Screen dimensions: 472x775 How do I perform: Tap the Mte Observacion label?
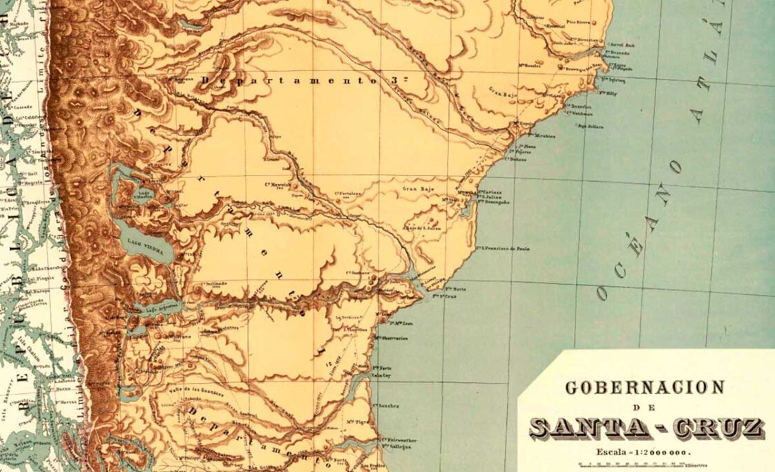click(x=390, y=338)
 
